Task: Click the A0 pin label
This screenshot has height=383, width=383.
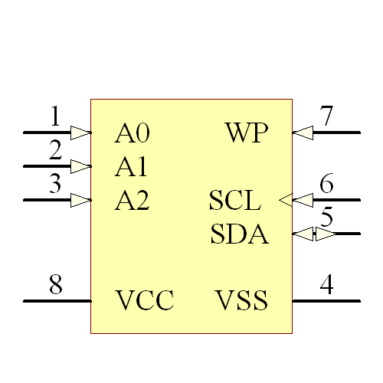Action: pos(132,133)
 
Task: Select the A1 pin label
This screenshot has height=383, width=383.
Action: pos(131,167)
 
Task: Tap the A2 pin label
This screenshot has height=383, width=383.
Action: pos(132,201)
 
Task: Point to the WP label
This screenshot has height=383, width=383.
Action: pos(247,133)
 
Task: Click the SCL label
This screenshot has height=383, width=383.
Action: pos(235,201)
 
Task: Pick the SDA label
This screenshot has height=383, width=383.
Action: pos(239,234)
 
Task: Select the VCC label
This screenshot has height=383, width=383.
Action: pos(145,300)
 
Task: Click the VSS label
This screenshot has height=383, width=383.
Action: pos(241,300)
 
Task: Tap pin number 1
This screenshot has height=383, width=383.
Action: pos(55,117)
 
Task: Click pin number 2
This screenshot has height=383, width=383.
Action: pos(55,151)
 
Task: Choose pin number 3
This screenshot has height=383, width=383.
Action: pos(55,185)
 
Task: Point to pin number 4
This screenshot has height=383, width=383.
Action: pos(326,285)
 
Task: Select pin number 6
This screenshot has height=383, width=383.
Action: pos(327,185)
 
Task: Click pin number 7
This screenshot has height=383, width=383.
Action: pos(327,117)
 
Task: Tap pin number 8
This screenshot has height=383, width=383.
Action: pos(55,285)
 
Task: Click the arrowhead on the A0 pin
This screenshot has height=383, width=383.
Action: pos(80,133)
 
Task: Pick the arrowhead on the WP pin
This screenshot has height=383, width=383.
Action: pos(303,133)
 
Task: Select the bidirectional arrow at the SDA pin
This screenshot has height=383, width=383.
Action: pos(314,234)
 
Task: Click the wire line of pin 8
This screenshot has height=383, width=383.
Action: pos(57,301)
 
